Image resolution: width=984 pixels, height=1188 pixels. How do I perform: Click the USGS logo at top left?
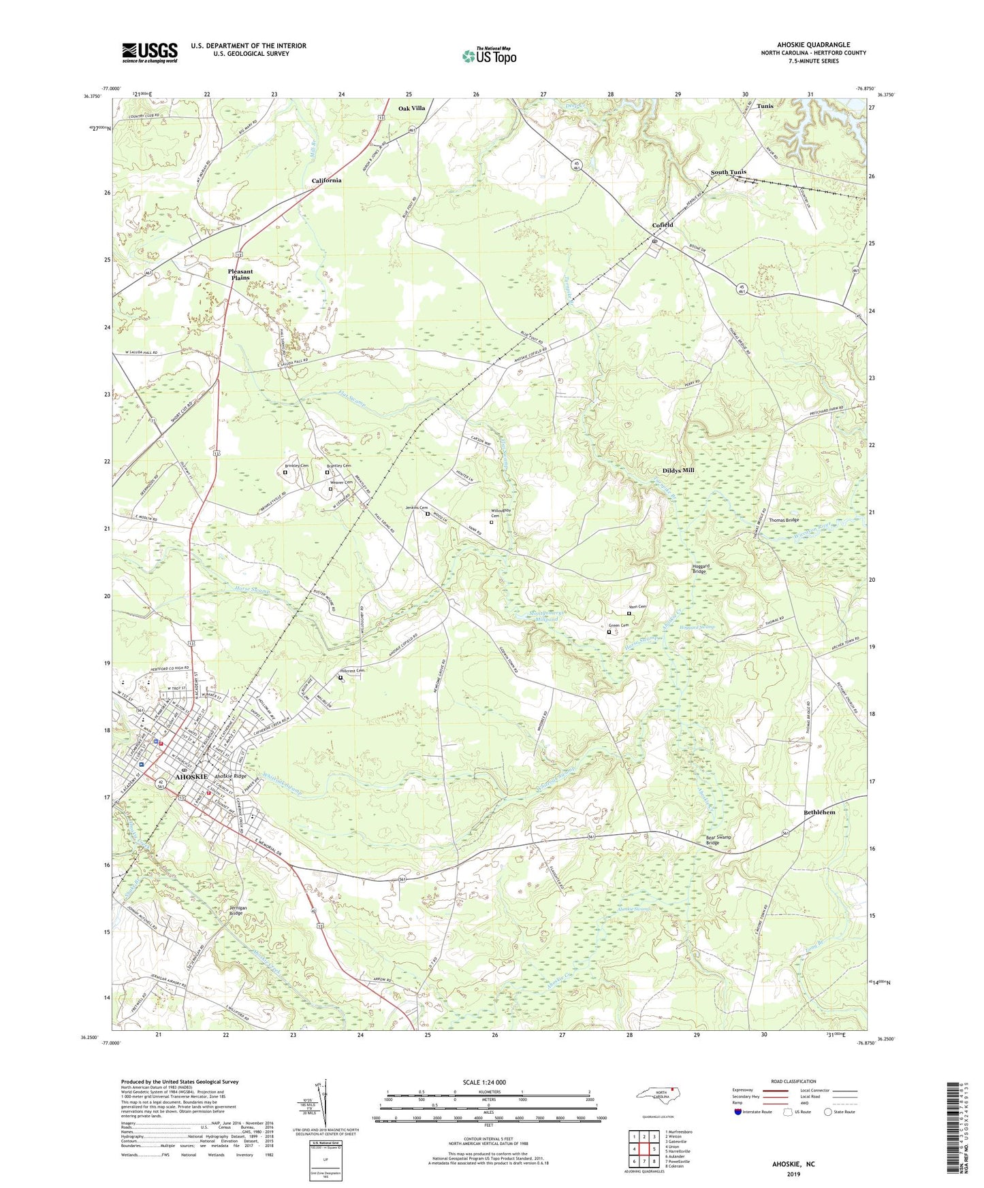click(149, 52)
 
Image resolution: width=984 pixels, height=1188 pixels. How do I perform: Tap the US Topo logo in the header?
click(489, 56)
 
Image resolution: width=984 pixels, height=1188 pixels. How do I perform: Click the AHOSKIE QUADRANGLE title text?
click(813, 45)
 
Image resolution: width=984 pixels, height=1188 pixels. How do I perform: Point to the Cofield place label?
click(662, 225)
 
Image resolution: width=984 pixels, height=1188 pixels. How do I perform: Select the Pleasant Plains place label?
click(240, 275)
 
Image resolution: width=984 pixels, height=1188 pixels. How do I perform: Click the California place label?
click(326, 180)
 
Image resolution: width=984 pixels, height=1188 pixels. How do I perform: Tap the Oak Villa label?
click(411, 108)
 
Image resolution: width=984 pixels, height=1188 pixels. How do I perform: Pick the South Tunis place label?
click(728, 172)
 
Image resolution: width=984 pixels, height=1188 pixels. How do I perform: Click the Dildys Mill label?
click(678, 470)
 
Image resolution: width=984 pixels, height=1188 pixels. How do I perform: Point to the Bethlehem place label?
click(819, 812)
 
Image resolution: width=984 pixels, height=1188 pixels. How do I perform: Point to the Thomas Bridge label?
click(783, 520)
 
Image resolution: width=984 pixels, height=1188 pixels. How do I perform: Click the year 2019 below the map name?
click(793, 1174)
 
